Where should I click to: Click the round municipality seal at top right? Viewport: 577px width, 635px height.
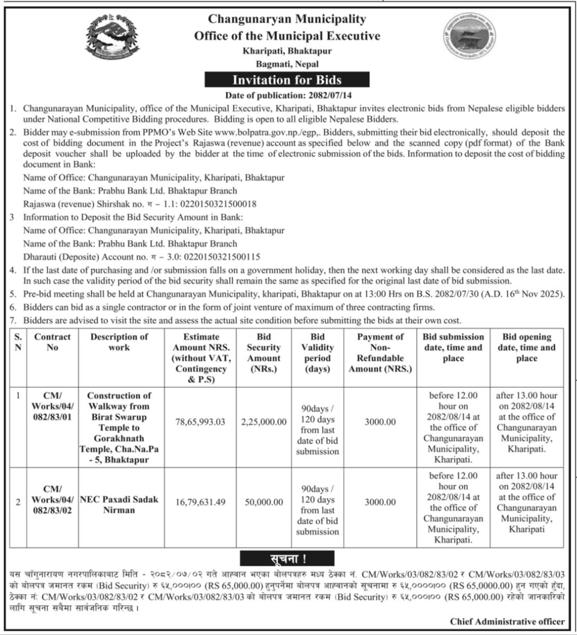coord(470,39)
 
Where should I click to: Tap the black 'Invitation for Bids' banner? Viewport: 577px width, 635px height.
coord(287,80)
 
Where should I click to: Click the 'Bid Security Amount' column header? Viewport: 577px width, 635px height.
coord(264,353)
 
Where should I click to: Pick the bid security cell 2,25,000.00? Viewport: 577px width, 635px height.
coord(264,422)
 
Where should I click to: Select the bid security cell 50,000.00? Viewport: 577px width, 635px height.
coord(264,502)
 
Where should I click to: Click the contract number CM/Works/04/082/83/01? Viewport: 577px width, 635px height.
coord(52,406)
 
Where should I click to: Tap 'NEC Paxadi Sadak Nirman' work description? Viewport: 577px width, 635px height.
coord(119,504)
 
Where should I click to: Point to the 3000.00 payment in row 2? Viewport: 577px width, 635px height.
coord(380,502)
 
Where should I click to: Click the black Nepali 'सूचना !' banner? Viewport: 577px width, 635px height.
coord(287,559)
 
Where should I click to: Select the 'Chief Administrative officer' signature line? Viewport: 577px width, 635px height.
coord(507,621)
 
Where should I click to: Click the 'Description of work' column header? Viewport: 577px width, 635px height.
coord(119,342)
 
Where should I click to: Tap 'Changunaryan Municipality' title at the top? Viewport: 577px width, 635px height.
coord(287,19)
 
